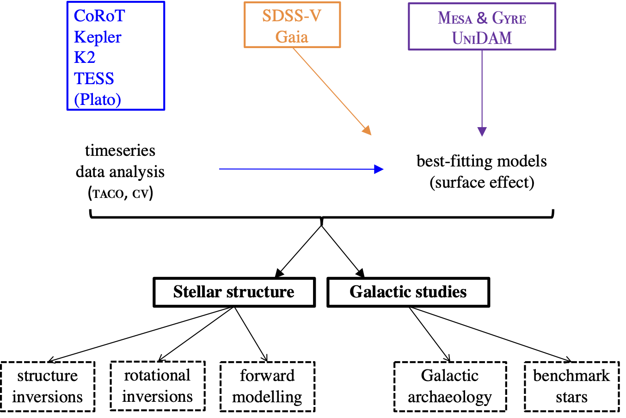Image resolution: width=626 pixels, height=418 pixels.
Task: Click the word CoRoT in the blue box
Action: point(99,16)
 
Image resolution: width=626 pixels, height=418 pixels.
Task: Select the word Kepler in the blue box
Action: point(98,37)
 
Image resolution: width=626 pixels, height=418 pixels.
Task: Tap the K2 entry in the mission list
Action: point(85,57)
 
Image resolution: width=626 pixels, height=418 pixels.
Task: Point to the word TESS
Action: point(94,79)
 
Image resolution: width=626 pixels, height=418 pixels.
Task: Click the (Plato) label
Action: point(98,99)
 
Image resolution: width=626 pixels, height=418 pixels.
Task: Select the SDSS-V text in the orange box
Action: point(291,16)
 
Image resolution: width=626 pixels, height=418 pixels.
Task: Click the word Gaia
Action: point(292,37)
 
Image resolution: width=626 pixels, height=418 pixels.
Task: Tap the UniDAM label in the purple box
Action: point(482,38)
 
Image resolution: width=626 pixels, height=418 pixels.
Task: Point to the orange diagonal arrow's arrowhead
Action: point(368,131)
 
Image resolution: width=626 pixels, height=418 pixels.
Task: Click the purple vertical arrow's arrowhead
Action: point(482,132)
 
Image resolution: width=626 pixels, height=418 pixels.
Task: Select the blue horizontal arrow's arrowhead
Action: point(379,169)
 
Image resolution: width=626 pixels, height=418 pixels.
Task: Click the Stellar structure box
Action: point(234,292)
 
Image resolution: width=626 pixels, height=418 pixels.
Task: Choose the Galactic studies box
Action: point(408,292)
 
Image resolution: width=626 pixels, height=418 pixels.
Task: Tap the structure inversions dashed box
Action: point(48,387)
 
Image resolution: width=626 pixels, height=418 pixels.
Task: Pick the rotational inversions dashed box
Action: point(157,386)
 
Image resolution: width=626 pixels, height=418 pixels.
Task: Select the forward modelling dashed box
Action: point(267,387)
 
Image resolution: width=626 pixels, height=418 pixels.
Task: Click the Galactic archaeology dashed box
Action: point(450,387)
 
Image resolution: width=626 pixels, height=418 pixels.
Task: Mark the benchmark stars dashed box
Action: point(571,387)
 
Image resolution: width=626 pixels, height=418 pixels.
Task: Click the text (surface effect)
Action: point(482,183)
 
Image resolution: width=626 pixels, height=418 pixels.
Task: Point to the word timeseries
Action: point(120,151)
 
